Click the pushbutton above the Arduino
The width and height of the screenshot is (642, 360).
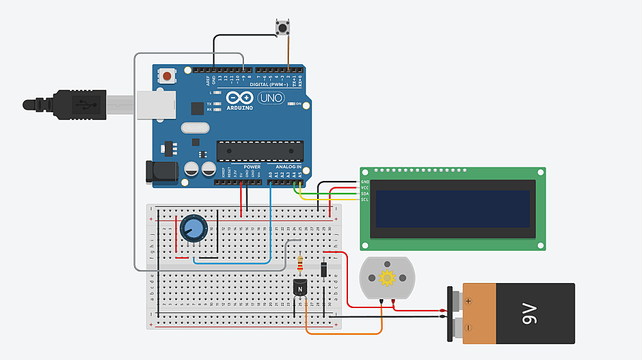click(x=281, y=28)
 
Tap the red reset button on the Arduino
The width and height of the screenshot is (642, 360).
click(x=168, y=76)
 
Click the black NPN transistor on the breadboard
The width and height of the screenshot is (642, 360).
click(x=300, y=288)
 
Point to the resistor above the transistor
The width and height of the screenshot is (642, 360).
click(x=301, y=264)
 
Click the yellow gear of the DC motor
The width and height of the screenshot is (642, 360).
click(x=386, y=278)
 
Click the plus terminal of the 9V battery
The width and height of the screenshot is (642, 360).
click(x=469, y=300)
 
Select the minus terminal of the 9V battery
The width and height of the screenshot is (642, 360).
click(x=469, y=328)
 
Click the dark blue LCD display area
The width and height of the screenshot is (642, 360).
click(x=453, y=209)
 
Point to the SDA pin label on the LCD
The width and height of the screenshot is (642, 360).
click(x=365, y=194)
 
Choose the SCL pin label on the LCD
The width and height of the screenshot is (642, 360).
click(x=365, y=200)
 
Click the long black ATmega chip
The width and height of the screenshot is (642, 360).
click(x=260, y=150)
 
